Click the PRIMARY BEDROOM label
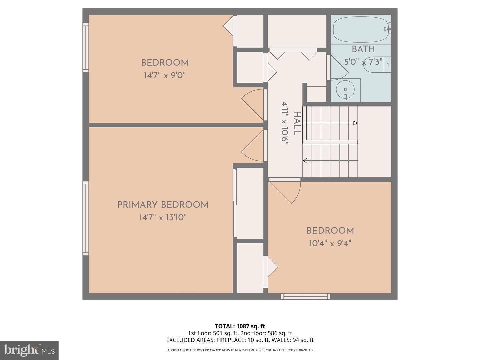[x=163, y=205]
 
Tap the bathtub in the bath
[x=362, y=29]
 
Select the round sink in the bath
[x=345, y=89]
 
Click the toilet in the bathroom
[x=377, y=65]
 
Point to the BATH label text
[x=363, y=49]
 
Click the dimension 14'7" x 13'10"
[x=163, y=218]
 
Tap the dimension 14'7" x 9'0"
[x=164, y=75]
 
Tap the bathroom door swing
[x=337, y=68]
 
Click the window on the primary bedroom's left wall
[x=86, y=218]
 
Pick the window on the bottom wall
[x=305, y=296]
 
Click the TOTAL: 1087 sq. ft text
[x=240, y=326]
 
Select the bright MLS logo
[x=29, y=350]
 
